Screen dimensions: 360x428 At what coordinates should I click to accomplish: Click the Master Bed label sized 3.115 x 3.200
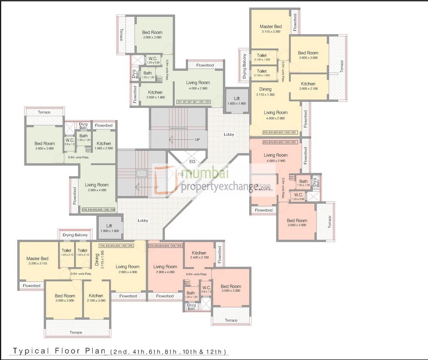[x=271, y=29]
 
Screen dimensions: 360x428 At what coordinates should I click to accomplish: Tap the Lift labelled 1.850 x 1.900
[x=237, y=101]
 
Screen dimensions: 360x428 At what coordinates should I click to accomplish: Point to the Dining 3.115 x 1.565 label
[x=265, y=91]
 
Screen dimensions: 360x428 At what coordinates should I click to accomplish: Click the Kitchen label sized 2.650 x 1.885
[x=155, y=94]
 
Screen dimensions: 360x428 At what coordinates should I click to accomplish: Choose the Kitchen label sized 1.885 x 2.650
[x=104, y=146]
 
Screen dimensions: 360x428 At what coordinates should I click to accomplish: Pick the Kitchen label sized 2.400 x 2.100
[x=199, y=255]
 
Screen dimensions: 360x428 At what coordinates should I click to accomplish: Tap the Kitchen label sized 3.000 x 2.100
[x=308, y=86]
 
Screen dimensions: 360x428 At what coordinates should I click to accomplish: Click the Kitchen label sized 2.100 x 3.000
[x=96, y=298]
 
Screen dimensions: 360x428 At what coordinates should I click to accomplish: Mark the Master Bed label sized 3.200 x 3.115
[x=37, y=261]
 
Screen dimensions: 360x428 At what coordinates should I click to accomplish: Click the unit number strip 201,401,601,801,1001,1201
[x=194, y=102]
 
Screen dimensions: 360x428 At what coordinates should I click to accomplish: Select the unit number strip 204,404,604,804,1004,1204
[x=165, y=245]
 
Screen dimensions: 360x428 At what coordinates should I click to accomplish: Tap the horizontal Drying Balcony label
[x=75, y=235]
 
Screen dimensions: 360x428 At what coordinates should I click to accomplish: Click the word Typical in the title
[x=29, y=351]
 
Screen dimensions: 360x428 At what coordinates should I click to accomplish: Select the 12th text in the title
[x=217, y=352]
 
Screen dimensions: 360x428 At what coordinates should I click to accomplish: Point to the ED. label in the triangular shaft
[x=192, y=162]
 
